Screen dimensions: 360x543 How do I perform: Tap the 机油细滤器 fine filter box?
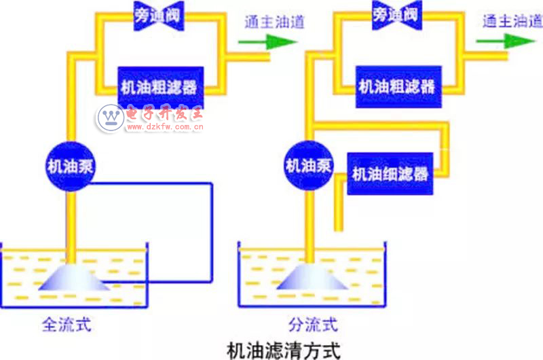390,174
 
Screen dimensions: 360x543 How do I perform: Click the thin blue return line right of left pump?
212,231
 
